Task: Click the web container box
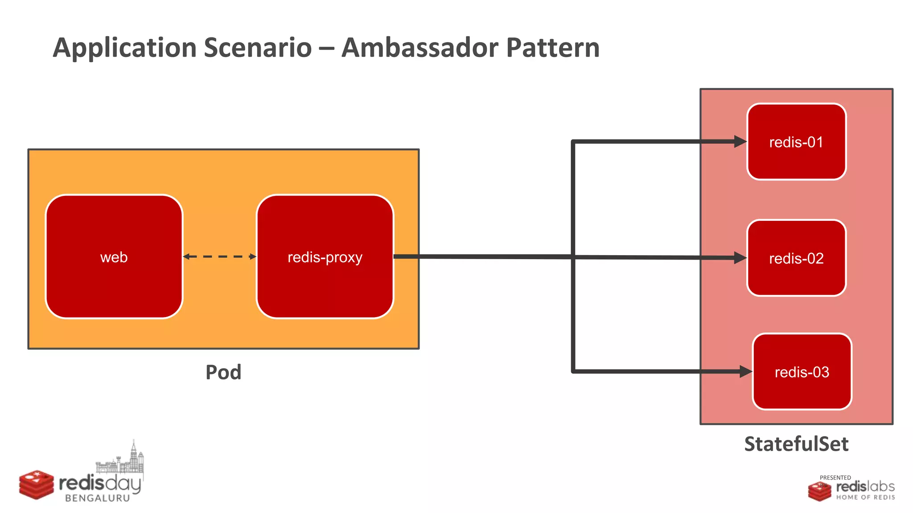(x=114, y=257)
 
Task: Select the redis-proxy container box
(x=325, y=257)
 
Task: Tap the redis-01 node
(x=796, y=142)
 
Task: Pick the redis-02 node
(x=796, y=258)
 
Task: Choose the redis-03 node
(x=802, y=372)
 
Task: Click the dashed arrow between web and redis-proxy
(x=219, y=256)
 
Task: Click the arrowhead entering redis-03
(x=746, y=371)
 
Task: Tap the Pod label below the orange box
(x=223, y=372)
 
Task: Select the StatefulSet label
(x=796, y=444)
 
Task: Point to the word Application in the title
(x=125, y=48)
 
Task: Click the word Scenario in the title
(x=258, y=47)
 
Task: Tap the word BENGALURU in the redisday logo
(x=98, y=498)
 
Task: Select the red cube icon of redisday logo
(x=37, y=484)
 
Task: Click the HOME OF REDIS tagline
(x=865, y=497)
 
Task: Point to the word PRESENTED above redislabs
(x=835, y=477)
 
